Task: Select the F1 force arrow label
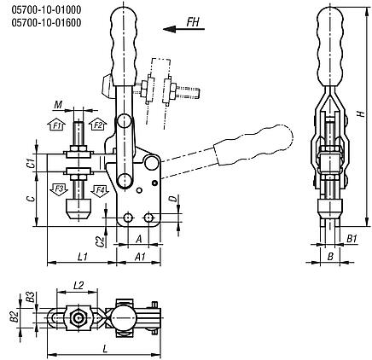point(58,125)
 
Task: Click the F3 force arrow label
point(60,187)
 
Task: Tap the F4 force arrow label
point(98,188)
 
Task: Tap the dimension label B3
point(30,298)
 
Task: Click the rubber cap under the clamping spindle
point(78,208)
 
